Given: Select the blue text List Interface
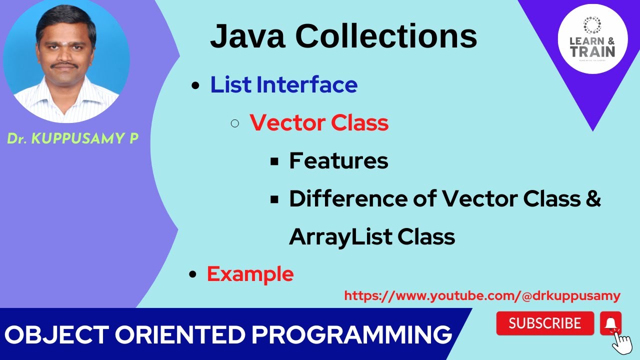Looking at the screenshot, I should pos(283,84).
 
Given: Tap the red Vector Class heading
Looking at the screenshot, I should pos(319,122).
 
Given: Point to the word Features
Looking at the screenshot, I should pos(338,160).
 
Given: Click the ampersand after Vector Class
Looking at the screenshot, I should pos(592,198).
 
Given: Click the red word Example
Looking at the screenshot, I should pos(250,274).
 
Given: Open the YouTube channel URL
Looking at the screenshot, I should pos(482,296).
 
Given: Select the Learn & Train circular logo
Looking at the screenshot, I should pos(592,39).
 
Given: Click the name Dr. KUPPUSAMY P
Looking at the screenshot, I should pos(72,139).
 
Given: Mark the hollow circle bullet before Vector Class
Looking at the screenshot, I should pos(235,123).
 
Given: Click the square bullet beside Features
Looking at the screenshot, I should pos(274,161).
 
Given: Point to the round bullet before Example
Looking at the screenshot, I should pos(192,274).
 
